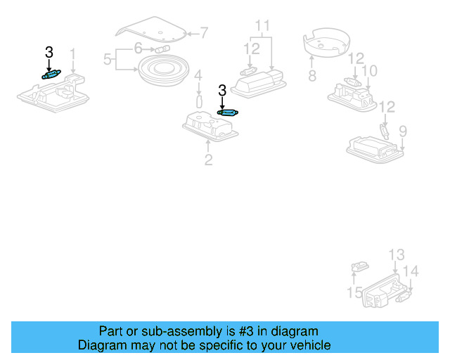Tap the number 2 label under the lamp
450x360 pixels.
(208, 160)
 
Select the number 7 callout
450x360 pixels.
(204, 32)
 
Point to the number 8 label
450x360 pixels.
(311, 75)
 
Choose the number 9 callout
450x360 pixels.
(403, 131)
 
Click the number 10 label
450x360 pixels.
(369, 71)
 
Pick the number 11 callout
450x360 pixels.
(262, 27)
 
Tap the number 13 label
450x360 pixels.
(397, 255)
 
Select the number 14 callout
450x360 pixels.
(411, 271)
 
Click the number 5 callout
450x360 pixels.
(108, 60)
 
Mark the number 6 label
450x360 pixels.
(139, 48)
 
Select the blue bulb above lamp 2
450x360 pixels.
(229, 112)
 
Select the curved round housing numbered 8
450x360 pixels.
(327, 44)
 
